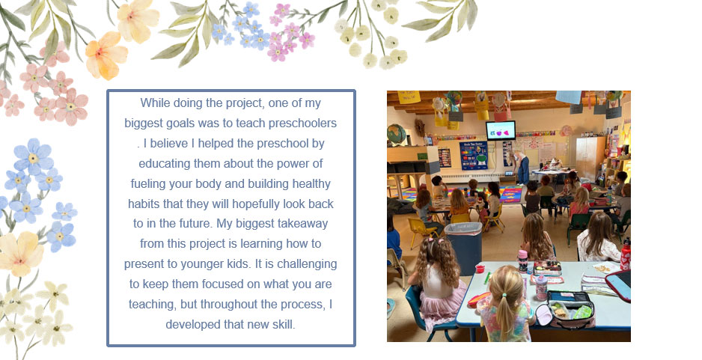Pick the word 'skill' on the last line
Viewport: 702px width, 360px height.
tap(284, 324)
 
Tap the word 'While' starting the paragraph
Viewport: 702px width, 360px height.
tap(155, 103)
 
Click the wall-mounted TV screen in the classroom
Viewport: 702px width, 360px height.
tap(501, 130)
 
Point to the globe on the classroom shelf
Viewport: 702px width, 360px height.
tap(396, 134)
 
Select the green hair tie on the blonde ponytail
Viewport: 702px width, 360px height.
tap(505, 295)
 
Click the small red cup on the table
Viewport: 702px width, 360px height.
tap(480, 268)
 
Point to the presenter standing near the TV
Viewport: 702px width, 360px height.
tap(522, 168)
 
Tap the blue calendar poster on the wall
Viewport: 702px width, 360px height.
tap(473, 156)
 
